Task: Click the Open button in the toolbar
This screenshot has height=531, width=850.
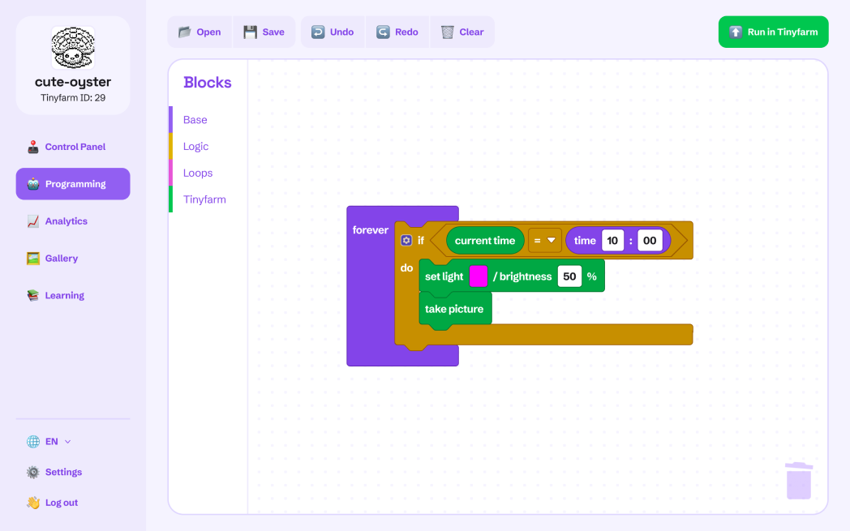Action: pos(200,32)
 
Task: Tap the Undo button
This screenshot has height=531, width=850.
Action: pos(333,32)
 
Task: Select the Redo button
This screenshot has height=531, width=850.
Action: pos(397,32)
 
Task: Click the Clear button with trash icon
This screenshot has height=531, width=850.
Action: pos(461,32)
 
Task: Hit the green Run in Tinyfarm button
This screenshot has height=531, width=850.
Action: pos(773,32)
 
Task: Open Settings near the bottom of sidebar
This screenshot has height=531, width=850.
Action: pos(55,472)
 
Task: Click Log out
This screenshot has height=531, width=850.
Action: pos(53,503)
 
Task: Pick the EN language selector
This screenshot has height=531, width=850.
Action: pos(49,442)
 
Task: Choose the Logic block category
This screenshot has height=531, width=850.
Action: pos(195,146)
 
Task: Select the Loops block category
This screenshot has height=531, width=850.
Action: pos(198,173)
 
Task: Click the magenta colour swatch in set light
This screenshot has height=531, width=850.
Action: pos(479,276)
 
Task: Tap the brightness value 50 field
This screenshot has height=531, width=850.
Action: pos(569,276)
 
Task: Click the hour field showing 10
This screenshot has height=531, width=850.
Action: pos(612,241)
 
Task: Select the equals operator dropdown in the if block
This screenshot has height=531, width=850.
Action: pos(544,241)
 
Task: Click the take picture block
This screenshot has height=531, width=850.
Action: pos(455,310)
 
